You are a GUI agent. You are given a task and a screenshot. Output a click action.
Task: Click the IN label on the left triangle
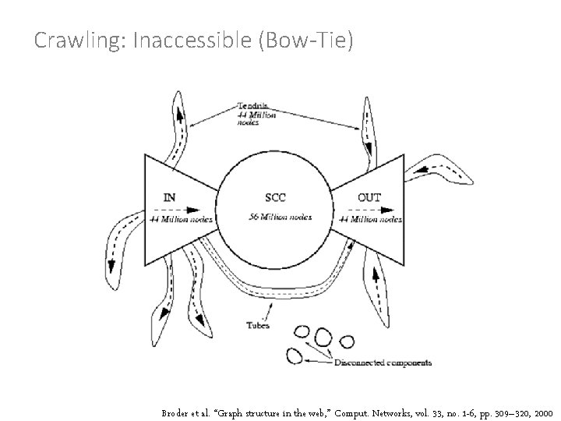pos(169,197)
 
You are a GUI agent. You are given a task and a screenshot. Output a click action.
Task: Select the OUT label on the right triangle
pos(369,197)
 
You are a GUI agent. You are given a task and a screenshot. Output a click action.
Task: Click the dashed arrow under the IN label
pos(191,209)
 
